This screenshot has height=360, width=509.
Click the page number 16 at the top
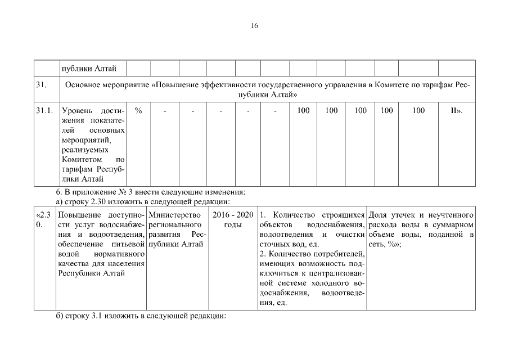point(254,26)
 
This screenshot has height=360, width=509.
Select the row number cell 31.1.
point(44,111)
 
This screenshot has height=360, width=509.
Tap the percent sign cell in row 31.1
point(138,111)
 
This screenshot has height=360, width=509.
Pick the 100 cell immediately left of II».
point(418,111)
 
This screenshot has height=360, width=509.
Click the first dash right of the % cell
point(165,111)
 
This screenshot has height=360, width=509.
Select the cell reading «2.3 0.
point(44,219)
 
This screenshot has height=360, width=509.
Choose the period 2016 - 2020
point(233,215)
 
